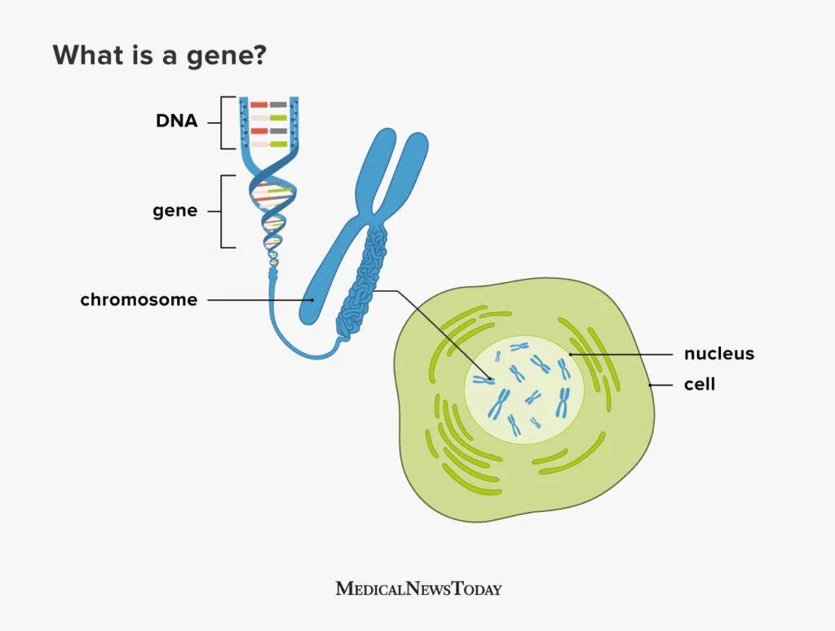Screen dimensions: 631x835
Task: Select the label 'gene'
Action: (x=175, y=210)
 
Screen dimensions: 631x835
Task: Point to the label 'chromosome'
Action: (x=139, y=299)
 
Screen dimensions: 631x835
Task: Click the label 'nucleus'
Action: (x=718, y=354)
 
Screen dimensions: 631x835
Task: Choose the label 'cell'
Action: (x=699, y=383)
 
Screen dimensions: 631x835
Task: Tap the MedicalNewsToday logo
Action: (x=418, y=588)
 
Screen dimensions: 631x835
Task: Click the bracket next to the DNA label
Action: (x=223, y=122)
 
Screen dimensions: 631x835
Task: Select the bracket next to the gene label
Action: (x=223, y=211)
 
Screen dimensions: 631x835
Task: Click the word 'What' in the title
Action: (x=84, y=55)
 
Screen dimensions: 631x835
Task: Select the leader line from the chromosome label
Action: (x=259, y=299)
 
